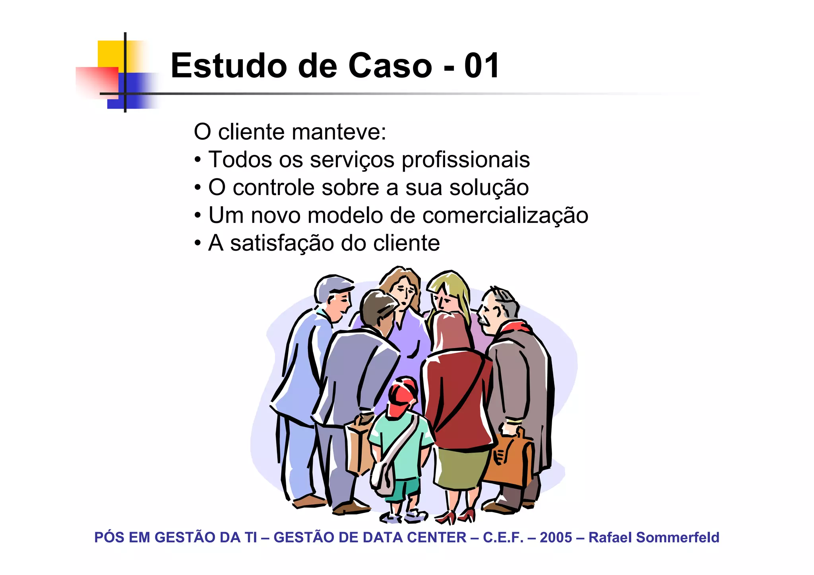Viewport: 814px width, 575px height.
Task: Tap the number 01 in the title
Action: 481,66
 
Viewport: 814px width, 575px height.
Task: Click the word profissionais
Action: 465,160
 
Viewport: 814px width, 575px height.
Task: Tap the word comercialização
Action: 505,215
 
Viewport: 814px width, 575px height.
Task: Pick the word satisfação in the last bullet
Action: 282,243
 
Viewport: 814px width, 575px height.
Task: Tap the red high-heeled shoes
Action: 457,516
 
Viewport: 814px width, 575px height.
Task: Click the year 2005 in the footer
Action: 556,538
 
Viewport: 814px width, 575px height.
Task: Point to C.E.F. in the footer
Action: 503,538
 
